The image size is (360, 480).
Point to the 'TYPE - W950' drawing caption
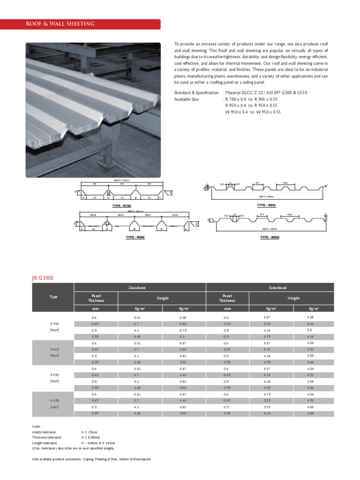click(270, 237)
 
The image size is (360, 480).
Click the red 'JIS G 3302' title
click(43, 278)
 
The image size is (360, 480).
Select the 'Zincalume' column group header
click(140, 287)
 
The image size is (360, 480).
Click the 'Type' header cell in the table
click(53, 297)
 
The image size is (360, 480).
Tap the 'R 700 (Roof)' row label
click(53, 327)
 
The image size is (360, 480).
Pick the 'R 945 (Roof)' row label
click(53, 352)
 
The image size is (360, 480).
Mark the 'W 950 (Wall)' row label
click(53, 404)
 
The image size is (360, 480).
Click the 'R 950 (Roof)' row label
click(53, 378)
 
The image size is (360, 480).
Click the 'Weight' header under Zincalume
click(162, 298)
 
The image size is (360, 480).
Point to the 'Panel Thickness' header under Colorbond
click(227, 298)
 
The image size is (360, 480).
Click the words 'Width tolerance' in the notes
click(44, 431)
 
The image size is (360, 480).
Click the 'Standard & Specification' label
click(196, 93)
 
